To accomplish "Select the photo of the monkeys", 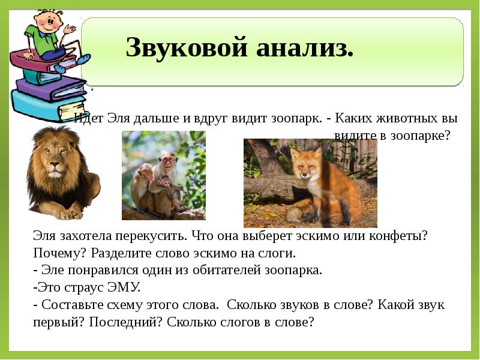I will [163, 175].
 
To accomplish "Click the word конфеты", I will [398, 236].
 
